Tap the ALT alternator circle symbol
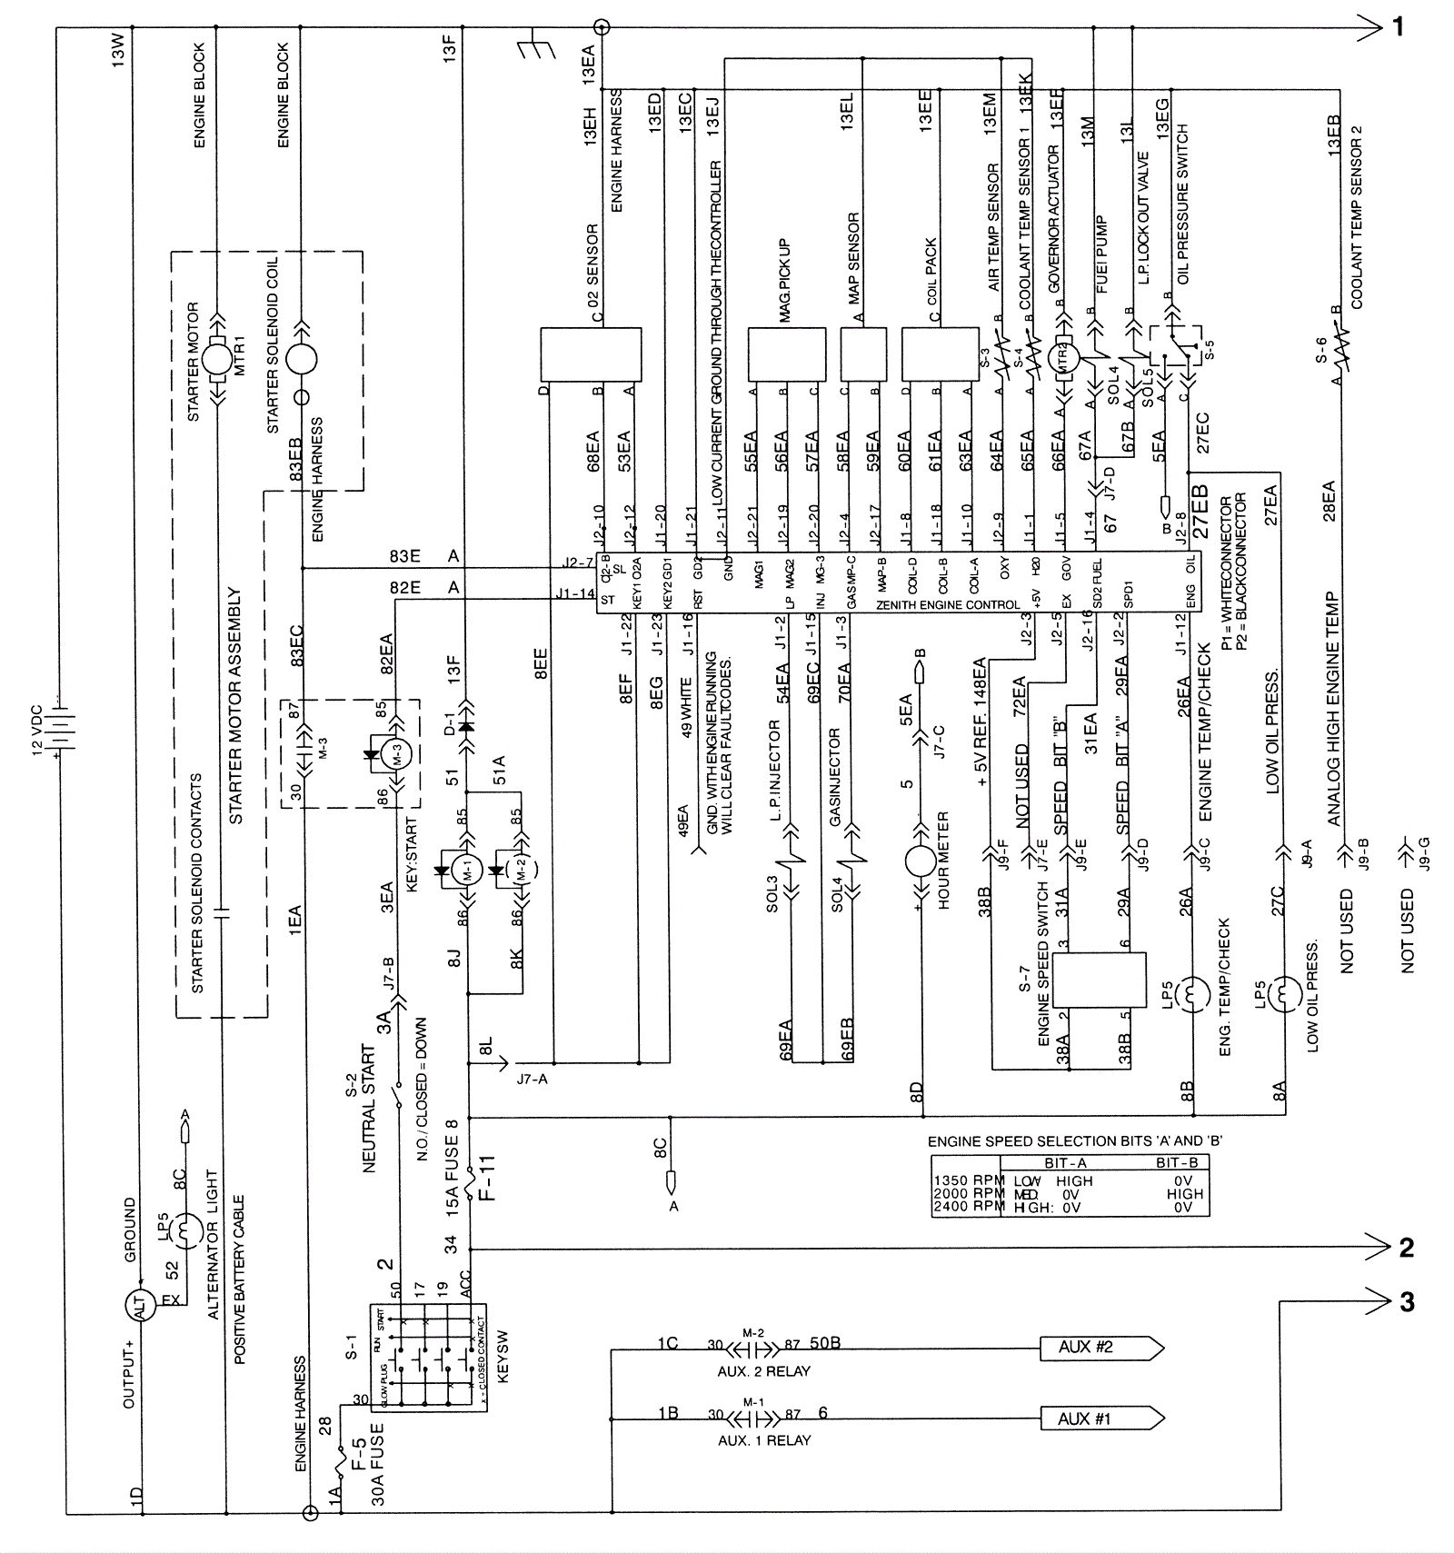tap(140, 1306)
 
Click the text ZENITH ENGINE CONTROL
tap(947, 604)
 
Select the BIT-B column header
tap(1176, 1162)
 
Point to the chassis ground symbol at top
tap(536, 48)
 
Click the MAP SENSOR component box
tap(862, 353)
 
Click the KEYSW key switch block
tap(428, 1357)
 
